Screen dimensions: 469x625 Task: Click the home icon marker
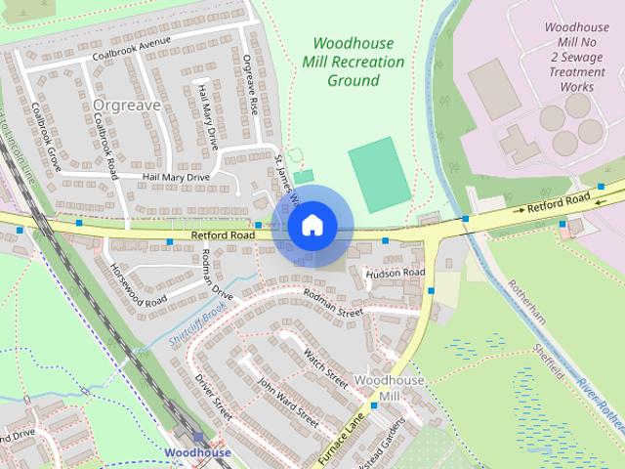coord(311,226)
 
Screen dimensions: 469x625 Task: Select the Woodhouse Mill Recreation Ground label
coord(353,62)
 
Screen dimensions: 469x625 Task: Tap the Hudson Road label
coord(396,273)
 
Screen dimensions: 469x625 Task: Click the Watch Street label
coord(325,365)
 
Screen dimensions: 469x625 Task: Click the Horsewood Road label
coord(136,284)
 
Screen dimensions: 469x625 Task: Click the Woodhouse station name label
coord(198,453)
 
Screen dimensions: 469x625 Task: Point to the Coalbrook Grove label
coord(46,138)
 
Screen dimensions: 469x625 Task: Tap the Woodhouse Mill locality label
coord(377,387)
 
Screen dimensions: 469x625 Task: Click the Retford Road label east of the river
coord(559,204)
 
